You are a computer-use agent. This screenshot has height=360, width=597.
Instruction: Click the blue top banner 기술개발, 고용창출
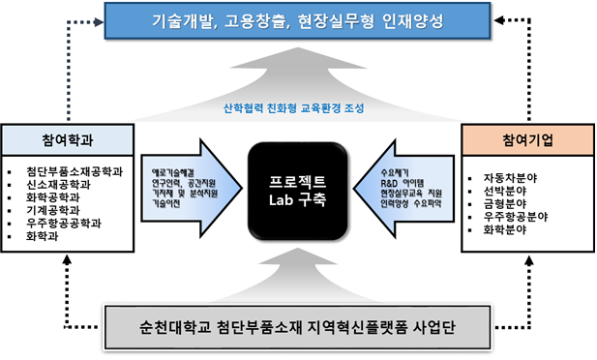[297, 21]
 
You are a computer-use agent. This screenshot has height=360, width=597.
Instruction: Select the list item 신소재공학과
[67, 185]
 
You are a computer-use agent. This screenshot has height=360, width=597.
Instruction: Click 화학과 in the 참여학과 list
[56, 234]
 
